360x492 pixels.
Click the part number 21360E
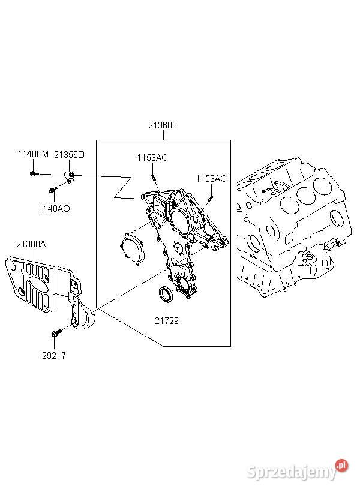click(x=163, y=125)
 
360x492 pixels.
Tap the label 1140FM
click(x=33, y=154)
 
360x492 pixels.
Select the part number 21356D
click(x=69, y=154)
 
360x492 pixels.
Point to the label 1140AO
click(x=54, y=208)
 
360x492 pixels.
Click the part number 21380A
click(x=31, y=244)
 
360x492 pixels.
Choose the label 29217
click(x=54, y=356)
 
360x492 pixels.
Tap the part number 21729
click(x=167, y=320)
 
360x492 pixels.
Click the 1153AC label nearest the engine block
click(x=211, y=179)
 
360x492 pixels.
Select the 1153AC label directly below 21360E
click(x=152, y=158)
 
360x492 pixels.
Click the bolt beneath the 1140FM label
click(x=34, y=173)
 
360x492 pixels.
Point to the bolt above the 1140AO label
click(x=53, y=190)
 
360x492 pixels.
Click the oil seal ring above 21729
click(x=166, y=294)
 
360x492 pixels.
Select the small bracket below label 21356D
click(x=70, y=176)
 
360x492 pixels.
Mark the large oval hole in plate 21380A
click(x=39, y=286)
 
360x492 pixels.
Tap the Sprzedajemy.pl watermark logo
click(x=298, y=470)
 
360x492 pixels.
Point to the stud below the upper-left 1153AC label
click(x=154, y=177)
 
